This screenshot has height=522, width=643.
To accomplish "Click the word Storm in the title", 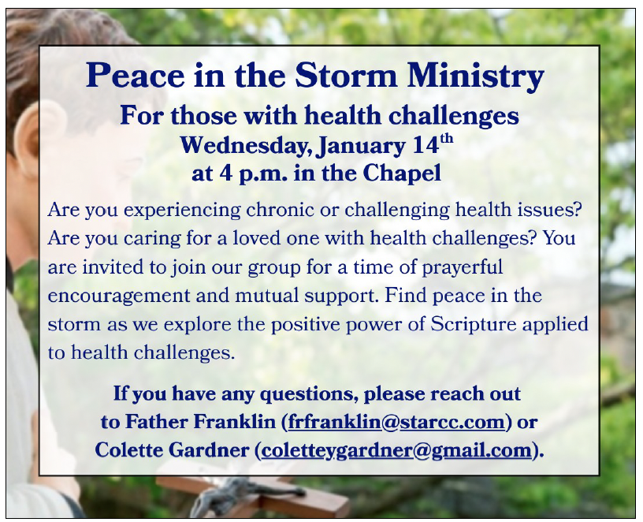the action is coord(346,75).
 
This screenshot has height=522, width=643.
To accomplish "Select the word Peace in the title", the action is coord(136,75).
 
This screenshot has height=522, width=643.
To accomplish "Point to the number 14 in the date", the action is coord(426,145).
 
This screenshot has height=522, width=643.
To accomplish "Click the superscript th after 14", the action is coord(447,138).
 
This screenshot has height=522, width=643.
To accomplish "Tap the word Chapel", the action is coord(401,173).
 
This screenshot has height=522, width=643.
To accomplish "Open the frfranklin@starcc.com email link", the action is coord(396,422).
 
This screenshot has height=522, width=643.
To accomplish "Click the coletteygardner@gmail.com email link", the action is coord(396,450).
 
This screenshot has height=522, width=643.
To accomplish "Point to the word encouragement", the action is coord(119,296).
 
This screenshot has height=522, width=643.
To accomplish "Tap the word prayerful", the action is coord(462,267).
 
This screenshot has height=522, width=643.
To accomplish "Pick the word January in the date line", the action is coord(361,146).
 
